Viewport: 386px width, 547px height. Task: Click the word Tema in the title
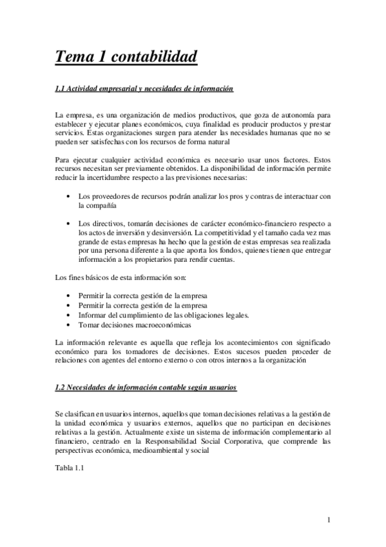[x=73, y=57]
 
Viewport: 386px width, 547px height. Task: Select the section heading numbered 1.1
[x=144, y=88]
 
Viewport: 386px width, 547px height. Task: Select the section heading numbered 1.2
[x=146, y=388]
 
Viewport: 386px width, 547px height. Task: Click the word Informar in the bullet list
[x=93, y=315]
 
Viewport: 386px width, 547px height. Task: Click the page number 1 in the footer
[x=328, y=520]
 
